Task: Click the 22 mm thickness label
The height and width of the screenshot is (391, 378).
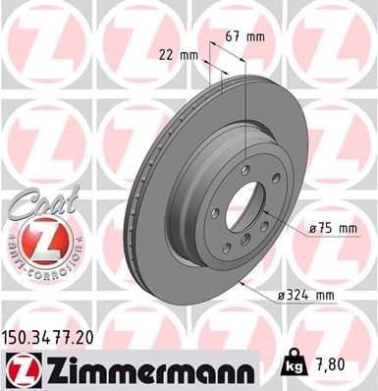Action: (x=176, y=55)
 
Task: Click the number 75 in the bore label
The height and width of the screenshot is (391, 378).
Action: (x=323, y=228)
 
